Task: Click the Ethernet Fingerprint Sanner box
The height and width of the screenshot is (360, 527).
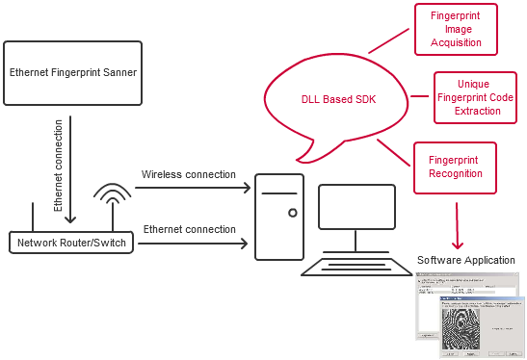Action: pos(72,72)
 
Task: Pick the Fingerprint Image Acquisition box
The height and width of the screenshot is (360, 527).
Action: pos(456,29)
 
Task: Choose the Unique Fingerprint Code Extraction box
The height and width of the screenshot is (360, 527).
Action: pos(475,98)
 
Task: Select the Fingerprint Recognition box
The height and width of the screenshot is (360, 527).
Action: pos(455,167)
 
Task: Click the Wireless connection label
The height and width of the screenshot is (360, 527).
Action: pos(188,174)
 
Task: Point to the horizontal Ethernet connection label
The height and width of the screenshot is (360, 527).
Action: pos(189,229)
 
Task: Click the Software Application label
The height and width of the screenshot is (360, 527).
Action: pos(467,261)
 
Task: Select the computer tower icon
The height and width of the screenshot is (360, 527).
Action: pos(278,218)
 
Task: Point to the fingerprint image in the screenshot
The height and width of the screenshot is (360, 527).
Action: pos(466,328)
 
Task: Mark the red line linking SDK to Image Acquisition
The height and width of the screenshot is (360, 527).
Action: pos(389,39)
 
